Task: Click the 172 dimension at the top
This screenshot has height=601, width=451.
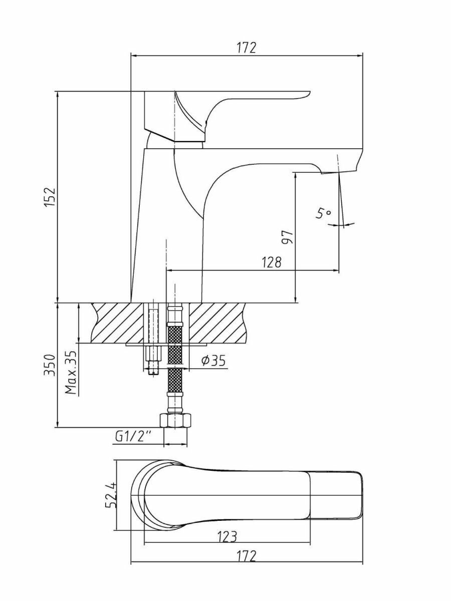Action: (246, 48)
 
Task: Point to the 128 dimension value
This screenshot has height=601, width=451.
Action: (271, 262)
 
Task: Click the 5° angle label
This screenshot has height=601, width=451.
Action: (323, 214)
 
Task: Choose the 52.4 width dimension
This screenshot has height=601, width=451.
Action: (111, 494)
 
